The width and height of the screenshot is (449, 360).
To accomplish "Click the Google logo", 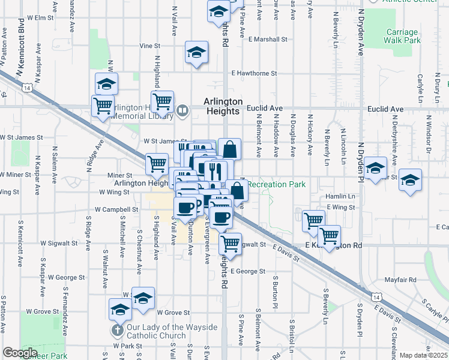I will click(20, 353).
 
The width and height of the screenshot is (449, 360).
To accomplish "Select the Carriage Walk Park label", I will click(402, 36).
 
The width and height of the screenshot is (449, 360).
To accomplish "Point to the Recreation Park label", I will click(276, 184).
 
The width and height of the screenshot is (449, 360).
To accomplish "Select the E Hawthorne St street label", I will click(254, 73).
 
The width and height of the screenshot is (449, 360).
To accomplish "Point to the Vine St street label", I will click(151, 46).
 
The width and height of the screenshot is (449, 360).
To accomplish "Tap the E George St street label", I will click(247, 271).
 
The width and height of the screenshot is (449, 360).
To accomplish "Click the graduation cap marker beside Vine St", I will click(196, 52).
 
